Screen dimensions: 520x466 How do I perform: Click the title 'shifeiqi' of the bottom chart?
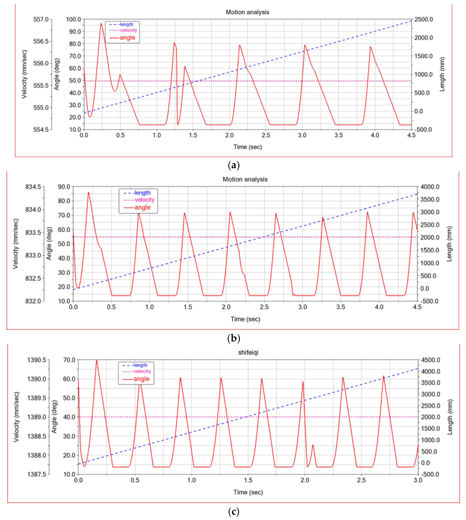tap(248, 352)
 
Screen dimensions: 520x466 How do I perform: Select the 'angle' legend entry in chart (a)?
tap(127, 38)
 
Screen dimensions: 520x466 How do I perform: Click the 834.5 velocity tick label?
tap(33, 187)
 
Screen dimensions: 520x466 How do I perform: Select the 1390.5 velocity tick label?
tap(37, 360)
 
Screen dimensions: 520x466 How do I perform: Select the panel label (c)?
tap(234, 512)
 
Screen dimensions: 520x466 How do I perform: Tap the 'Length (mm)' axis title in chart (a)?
tap(442, 74)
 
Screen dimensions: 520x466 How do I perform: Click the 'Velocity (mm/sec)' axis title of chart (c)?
tap(16, 417)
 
